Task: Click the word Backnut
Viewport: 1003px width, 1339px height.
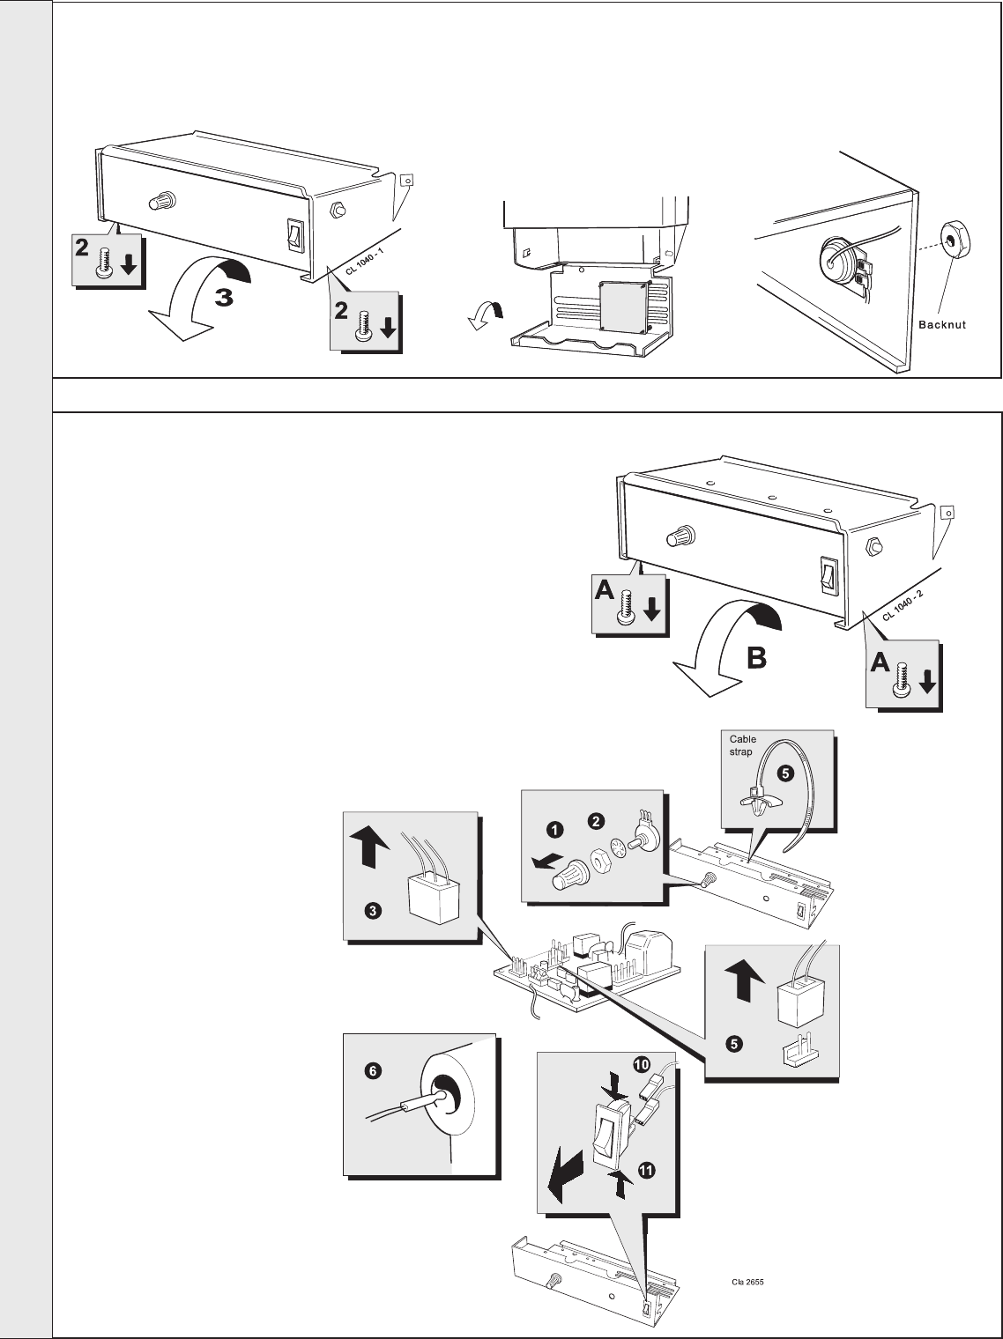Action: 942,325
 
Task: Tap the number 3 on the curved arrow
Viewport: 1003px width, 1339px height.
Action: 225,298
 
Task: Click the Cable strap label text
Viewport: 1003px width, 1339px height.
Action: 742,745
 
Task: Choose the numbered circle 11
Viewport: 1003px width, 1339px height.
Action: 646,1170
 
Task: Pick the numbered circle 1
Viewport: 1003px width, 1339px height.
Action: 554,829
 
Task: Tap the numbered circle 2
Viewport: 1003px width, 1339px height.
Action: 597,821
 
